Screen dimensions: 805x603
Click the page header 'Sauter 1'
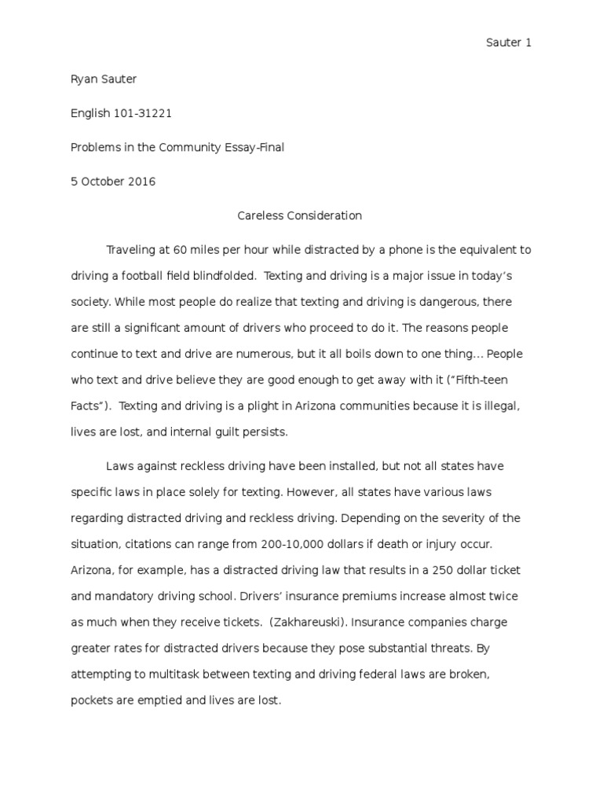coord(508,43)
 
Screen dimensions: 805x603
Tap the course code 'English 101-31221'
coord(121,113)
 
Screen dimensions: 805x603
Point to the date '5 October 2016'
coord(113,182)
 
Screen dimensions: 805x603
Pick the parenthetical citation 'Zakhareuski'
coord(307,622)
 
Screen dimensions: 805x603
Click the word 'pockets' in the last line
coord(92,700)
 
